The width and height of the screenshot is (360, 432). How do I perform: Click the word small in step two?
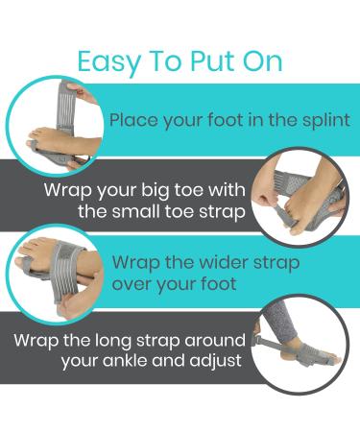(156, 210)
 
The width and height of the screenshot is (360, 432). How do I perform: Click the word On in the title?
(260, 62)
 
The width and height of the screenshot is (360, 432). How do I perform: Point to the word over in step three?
(132, 285)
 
